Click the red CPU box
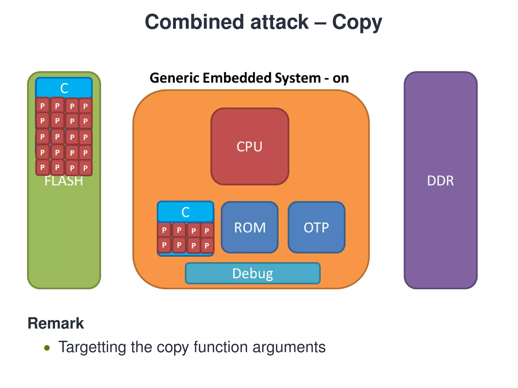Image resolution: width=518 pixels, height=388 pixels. tap(250, 147)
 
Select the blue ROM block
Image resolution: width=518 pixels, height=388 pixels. tap(250, 227)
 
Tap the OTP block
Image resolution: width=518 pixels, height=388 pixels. tap(316, 227)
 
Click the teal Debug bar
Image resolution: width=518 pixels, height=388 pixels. tap(253, 273)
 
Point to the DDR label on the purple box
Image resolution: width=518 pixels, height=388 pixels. tap(440, 181)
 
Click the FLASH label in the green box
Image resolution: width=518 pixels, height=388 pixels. tap(64, 181)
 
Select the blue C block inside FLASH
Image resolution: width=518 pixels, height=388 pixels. tap(64, 88)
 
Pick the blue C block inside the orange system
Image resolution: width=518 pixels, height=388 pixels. tap(185, 212)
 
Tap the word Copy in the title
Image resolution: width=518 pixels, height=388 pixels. tap(357, 22)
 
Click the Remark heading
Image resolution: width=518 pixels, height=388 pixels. tap(56, 323)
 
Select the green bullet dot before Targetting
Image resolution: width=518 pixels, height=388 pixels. tap(47, 348)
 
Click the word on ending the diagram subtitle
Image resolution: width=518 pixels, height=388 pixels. tap(340, 78)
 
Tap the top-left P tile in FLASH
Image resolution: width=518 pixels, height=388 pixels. tap(42, 106)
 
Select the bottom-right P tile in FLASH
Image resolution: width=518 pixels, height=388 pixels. tap(85, 168)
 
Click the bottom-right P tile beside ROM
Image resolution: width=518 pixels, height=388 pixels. tap(207, 245)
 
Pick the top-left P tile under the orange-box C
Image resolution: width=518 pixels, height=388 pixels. tap(164, 230)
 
